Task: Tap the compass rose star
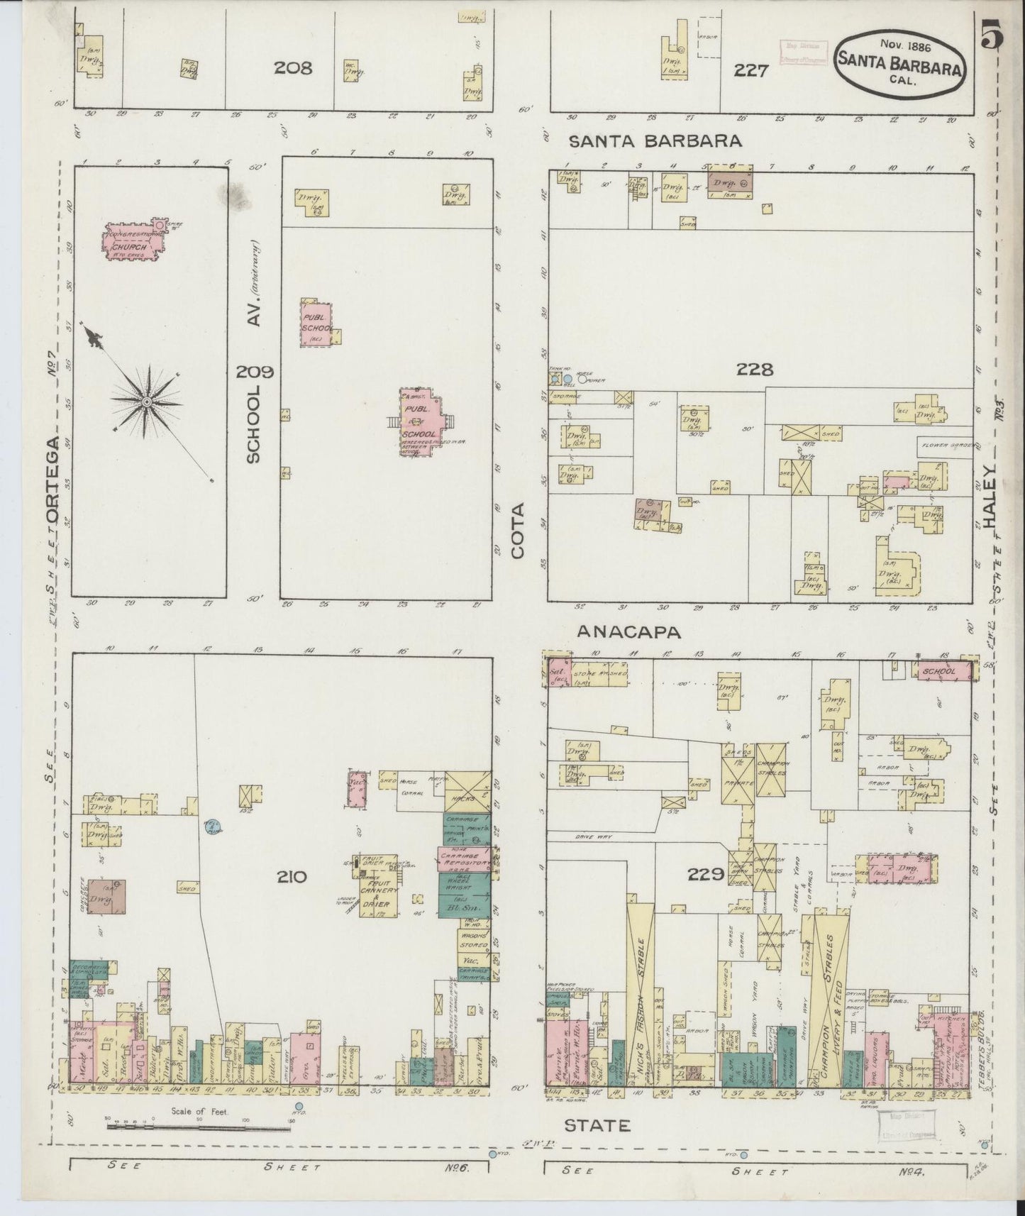pos(145,402)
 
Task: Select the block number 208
pos(293,68)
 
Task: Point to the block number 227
pos(751,71)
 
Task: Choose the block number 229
pos(706,875)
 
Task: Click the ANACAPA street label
pos(628,631)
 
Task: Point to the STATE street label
pos(597,1124)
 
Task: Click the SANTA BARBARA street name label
pos(656,140)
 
